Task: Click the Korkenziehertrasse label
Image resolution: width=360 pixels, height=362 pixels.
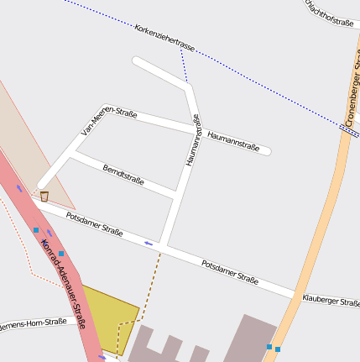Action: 164,39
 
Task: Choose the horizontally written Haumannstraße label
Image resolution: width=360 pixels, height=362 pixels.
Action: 232,138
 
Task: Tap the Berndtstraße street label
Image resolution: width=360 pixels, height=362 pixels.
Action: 123,175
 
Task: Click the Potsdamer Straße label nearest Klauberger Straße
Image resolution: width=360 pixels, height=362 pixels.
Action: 230,271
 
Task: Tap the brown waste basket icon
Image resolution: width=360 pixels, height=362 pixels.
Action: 44,197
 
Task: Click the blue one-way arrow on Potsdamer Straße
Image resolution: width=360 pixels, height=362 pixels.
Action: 149,244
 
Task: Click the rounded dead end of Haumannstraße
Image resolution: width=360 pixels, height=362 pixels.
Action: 267,152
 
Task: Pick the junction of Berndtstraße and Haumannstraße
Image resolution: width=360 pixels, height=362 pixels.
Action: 176,196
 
